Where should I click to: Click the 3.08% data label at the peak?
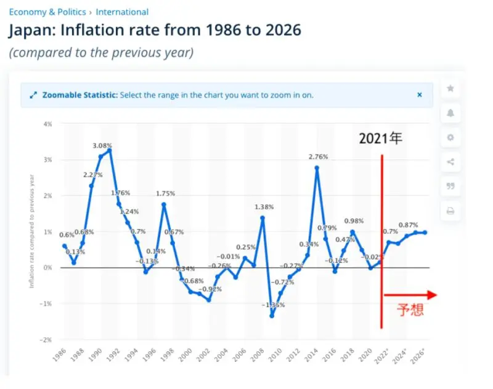click(x=102, y=146)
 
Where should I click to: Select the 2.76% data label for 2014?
click(x=318, y=157)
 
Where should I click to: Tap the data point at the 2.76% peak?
click(x=317, y=167)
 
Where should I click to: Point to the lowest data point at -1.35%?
click(x=271, y=316)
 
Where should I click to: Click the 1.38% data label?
click(x=263, y=207)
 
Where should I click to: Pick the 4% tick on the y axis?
click(x=47, y=124)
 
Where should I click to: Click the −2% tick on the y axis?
click(x=46, y=340)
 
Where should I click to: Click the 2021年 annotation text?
click(x=380, y=139)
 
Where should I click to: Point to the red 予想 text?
click(x=409, y=309)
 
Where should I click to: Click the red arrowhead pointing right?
click(x=431, y=295)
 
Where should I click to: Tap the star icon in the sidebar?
click(x=450, y=89)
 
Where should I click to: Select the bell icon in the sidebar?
click(x=450, y=113)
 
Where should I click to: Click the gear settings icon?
click(x=450, y=138)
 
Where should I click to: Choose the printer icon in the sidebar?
click(x=450, y=211)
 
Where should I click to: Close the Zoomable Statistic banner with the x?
click(x=420, y=95)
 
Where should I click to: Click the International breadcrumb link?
click(x=122, y=12)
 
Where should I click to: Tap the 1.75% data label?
click(x=164, y=193)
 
